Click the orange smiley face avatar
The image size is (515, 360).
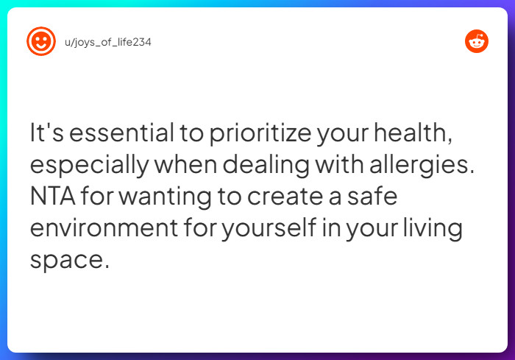pos(41,41)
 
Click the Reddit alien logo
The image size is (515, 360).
pos(477,41)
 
